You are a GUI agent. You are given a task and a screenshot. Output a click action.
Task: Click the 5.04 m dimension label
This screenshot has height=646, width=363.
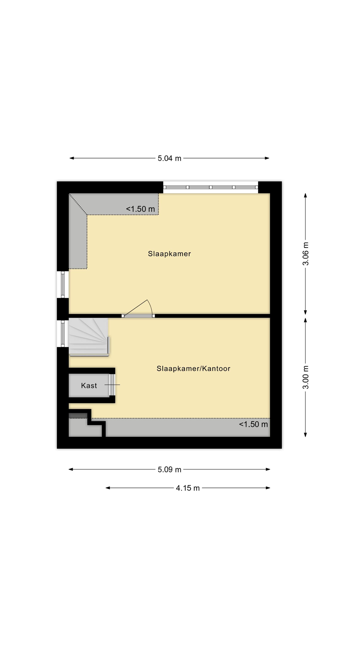(169, 158)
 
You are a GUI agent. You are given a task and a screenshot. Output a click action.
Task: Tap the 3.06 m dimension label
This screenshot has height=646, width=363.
(306, 254)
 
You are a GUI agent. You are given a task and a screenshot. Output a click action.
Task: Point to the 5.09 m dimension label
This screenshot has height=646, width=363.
(169, 469)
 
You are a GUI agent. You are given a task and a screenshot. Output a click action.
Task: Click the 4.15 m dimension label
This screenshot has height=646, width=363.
(188, 488)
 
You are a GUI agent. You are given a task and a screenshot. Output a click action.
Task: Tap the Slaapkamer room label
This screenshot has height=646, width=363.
(169, 254)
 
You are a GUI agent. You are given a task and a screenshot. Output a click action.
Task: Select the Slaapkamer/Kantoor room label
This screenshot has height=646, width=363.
(193, 368)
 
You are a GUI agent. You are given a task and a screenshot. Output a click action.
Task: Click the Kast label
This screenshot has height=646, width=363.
(89, 385)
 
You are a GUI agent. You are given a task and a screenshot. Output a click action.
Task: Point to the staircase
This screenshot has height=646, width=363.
(89, 337)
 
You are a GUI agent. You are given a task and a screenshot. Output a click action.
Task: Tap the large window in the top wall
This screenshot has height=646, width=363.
(211, 187)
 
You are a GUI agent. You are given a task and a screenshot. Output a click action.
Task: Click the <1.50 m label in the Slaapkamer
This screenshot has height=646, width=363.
(140, 209)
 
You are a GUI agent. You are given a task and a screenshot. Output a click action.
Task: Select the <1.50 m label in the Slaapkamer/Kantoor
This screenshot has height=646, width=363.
(253, 424)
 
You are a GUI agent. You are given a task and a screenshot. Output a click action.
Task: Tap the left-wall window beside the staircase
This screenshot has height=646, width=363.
(63, 334)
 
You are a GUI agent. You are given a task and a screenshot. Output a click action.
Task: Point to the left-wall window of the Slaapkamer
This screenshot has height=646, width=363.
(63, 285)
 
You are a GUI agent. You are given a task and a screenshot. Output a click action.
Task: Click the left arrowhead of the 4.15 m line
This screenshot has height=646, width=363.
(108, 488)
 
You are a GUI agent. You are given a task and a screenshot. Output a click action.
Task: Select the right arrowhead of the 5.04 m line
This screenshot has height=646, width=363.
(267, 158)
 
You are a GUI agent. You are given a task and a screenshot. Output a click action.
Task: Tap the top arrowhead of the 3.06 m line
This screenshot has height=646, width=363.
(305, 195)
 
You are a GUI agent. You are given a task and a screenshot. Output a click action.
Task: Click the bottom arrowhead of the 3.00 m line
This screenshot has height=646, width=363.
(305, 435)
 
